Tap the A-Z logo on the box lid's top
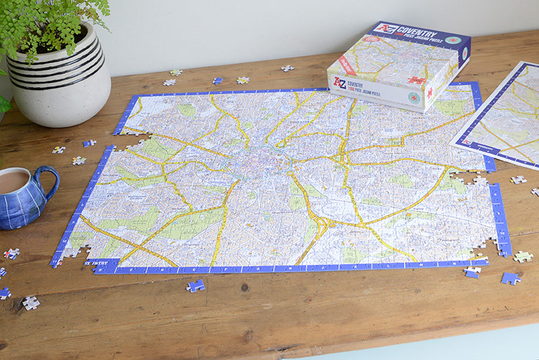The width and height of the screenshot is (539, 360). pos(385,28)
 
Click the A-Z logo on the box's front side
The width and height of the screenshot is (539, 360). pos(339,82)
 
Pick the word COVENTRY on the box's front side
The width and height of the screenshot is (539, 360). pos(355,85)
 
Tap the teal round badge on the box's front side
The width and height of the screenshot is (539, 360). pos(413,98)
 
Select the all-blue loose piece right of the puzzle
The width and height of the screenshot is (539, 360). pos(510,278)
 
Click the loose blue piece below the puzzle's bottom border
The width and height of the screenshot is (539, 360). pos(195,285)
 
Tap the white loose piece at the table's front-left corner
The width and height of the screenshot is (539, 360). pos(30,303)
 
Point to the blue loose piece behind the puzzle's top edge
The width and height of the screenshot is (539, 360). pos(218,81)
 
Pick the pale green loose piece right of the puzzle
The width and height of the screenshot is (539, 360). pos(522,257)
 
